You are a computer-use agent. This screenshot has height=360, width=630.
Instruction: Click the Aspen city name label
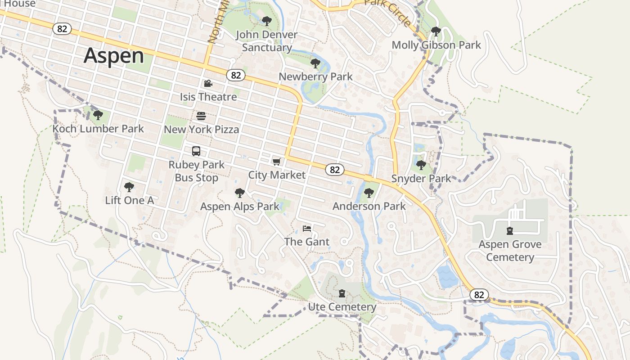point(114,56)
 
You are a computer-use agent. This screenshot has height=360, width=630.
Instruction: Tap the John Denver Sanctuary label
point(267,41)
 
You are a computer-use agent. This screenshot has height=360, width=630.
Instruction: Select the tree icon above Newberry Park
point(315,63)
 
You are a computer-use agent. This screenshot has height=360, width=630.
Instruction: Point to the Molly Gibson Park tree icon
point(436,31)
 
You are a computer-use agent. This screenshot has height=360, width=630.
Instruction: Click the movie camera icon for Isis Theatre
point(208,84)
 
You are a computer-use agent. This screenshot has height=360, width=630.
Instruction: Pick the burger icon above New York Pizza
point(201,116)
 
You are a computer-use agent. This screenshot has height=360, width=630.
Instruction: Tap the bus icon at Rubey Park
point(196,151)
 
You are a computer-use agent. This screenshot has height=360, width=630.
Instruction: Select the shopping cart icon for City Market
point(277,162)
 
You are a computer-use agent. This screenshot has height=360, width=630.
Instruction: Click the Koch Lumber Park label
point(98,129)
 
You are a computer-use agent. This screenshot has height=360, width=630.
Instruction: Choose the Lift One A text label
point(130,200)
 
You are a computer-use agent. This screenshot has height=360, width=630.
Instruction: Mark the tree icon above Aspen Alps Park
point(240,193)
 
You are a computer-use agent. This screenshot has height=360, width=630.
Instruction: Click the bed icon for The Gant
point(307,229)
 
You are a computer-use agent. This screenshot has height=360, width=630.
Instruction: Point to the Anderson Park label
point(369,206)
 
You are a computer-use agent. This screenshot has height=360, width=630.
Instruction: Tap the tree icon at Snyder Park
point(421,165)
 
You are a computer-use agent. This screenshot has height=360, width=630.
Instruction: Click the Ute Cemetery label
point(342,307)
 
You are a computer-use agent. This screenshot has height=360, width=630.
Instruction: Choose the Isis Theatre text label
point(208,97)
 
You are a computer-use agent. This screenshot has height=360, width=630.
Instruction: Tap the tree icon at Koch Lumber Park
point(98,115)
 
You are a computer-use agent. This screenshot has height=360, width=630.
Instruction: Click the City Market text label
point(277,175)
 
